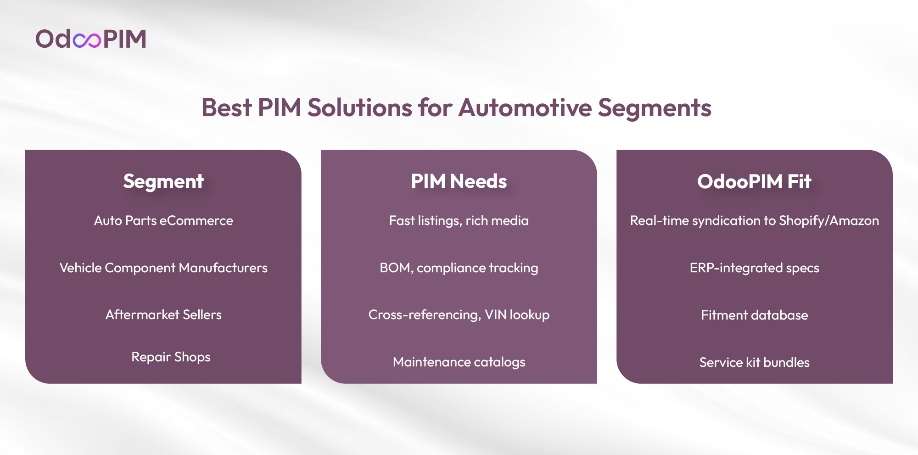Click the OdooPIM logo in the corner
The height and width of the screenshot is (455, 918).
[91, 39]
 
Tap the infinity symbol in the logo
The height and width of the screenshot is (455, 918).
[87, 40]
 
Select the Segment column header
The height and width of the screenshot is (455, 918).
[163, 181]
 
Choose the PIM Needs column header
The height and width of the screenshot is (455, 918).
[459, 181]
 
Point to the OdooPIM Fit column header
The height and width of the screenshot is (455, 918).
[754, 181]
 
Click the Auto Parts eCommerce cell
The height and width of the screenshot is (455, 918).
[163, 221]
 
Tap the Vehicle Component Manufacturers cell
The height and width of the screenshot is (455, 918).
[163, 268]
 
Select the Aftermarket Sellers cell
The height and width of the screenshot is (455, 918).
[163, 315]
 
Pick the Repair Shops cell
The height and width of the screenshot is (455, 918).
[171, 357]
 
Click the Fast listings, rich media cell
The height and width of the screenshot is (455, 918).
[459, 221]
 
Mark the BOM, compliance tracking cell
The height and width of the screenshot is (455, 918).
[459, 268]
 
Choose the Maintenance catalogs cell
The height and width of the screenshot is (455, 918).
[459, 362]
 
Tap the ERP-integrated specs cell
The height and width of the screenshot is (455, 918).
[754, 268]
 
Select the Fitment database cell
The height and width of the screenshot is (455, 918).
[754, 315]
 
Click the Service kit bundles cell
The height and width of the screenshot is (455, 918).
[754, 363]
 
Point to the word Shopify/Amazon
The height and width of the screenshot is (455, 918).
[829, 221]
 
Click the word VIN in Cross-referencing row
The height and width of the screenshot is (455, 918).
[496, 315]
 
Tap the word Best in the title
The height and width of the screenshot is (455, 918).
[227, 108]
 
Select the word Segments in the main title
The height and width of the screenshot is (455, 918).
[655, 108]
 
